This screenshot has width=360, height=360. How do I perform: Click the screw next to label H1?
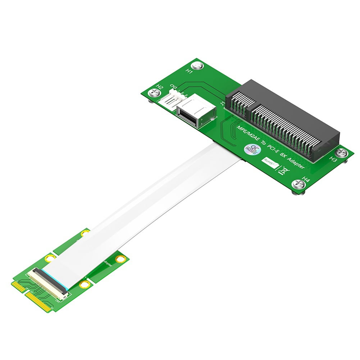197,66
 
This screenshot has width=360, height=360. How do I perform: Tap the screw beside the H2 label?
154,93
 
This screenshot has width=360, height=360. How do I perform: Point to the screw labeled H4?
299,184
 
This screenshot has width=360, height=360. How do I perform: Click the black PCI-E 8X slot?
284,119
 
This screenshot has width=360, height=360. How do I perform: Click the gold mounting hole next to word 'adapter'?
120,259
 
